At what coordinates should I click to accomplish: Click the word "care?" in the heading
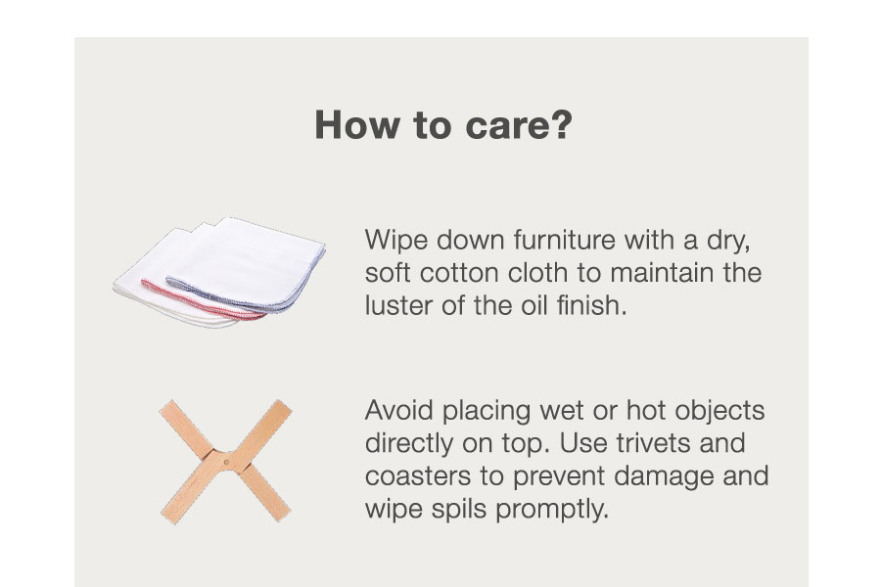519,124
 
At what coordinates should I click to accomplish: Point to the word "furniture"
564,240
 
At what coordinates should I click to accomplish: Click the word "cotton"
459,273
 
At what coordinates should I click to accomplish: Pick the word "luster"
398,305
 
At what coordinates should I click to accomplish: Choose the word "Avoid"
399,411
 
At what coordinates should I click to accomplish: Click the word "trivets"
654,443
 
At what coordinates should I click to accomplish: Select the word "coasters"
417,476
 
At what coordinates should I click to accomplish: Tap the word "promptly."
552,510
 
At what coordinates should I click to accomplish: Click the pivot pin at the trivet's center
226,463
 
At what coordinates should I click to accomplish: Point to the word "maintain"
662,273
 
